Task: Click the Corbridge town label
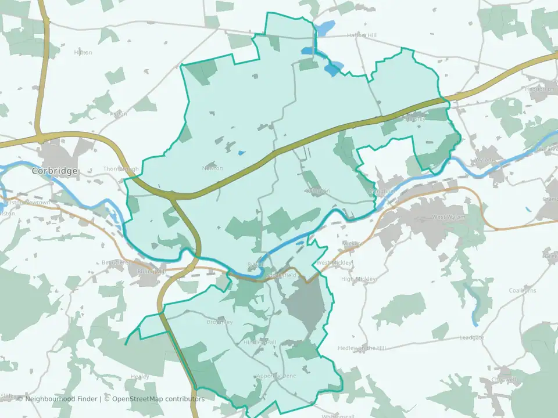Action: click(55, 171)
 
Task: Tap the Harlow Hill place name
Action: click(362, 35)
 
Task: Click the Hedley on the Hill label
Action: click(362, 348)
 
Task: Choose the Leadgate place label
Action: click(471, 337)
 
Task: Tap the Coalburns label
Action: click(522, 290)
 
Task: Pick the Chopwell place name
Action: click(503, 380)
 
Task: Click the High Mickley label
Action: click(359, 279)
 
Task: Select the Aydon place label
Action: click(118, 114)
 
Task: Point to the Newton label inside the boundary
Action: click(212, 168)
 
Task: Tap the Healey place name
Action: click(139, 377)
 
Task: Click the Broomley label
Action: click(220, 322)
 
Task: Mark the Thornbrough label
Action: click(121, 169)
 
